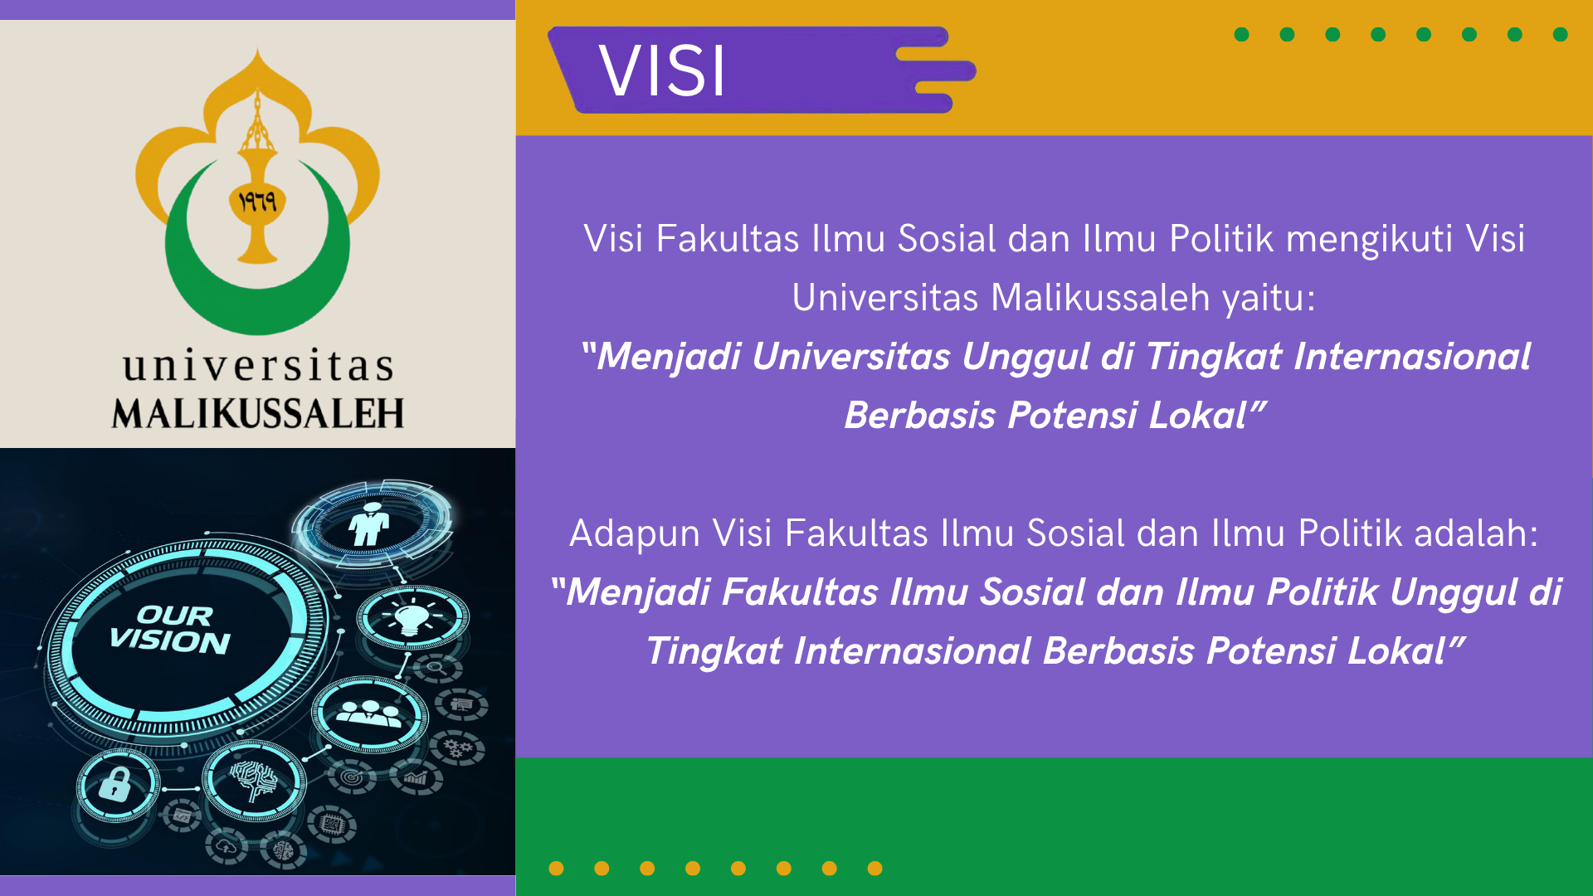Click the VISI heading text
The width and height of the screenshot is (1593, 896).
click(x=662, y=71)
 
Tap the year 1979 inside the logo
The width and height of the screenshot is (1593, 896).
click(x=257, y=202)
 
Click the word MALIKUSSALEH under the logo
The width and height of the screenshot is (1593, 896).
click(x=258, y=414)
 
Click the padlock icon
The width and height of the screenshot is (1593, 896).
click(x=115, y=784)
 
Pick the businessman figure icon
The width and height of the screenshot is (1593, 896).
click(x=370, y=524)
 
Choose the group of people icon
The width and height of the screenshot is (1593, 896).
click(x=370, y=713)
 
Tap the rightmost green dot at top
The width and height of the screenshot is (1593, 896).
click(x=1560, y=35)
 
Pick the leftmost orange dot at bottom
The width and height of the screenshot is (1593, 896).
click(x=557, y=869)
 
